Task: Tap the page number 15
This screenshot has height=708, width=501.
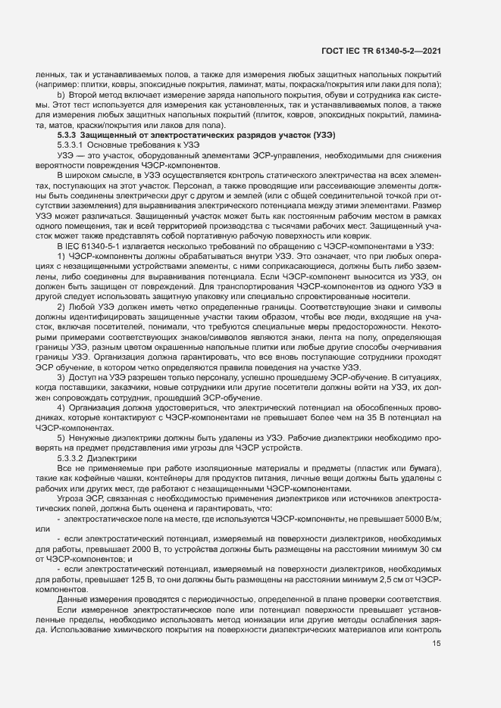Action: coord(437,644)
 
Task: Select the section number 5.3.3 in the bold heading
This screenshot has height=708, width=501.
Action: coord(67,134)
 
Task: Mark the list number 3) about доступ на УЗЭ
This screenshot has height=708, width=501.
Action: coord(61,377)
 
